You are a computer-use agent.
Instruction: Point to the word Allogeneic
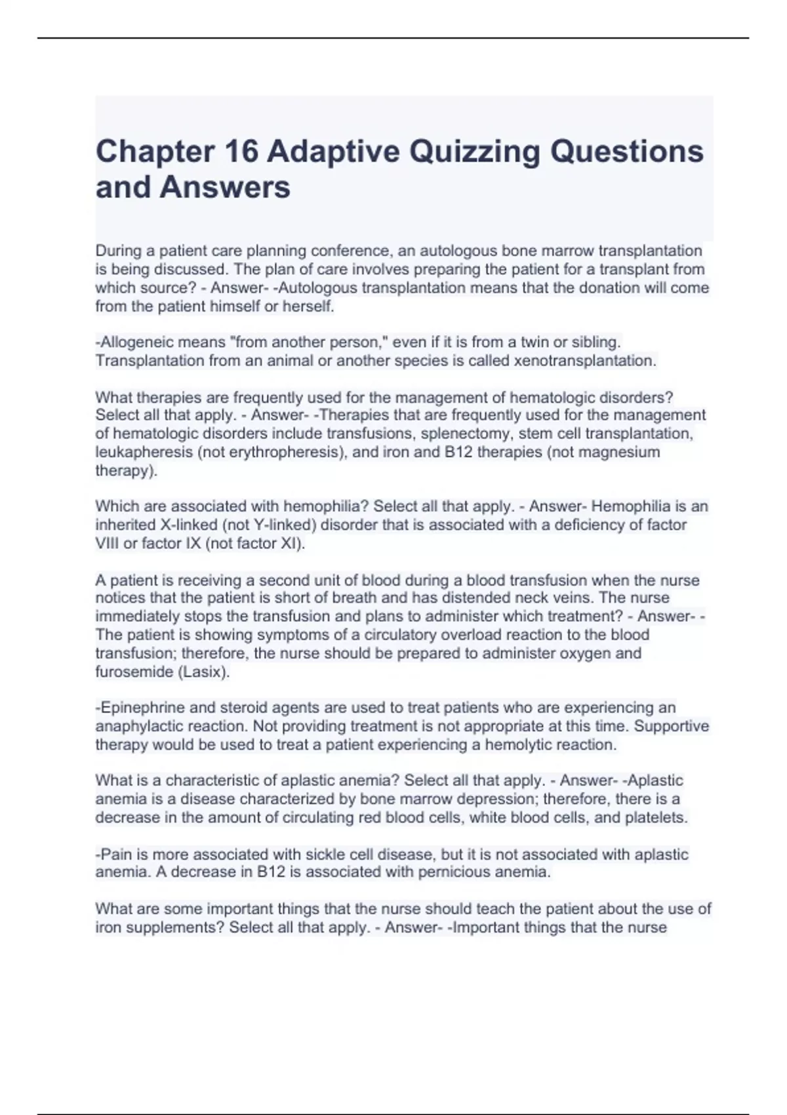pos(136,342)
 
